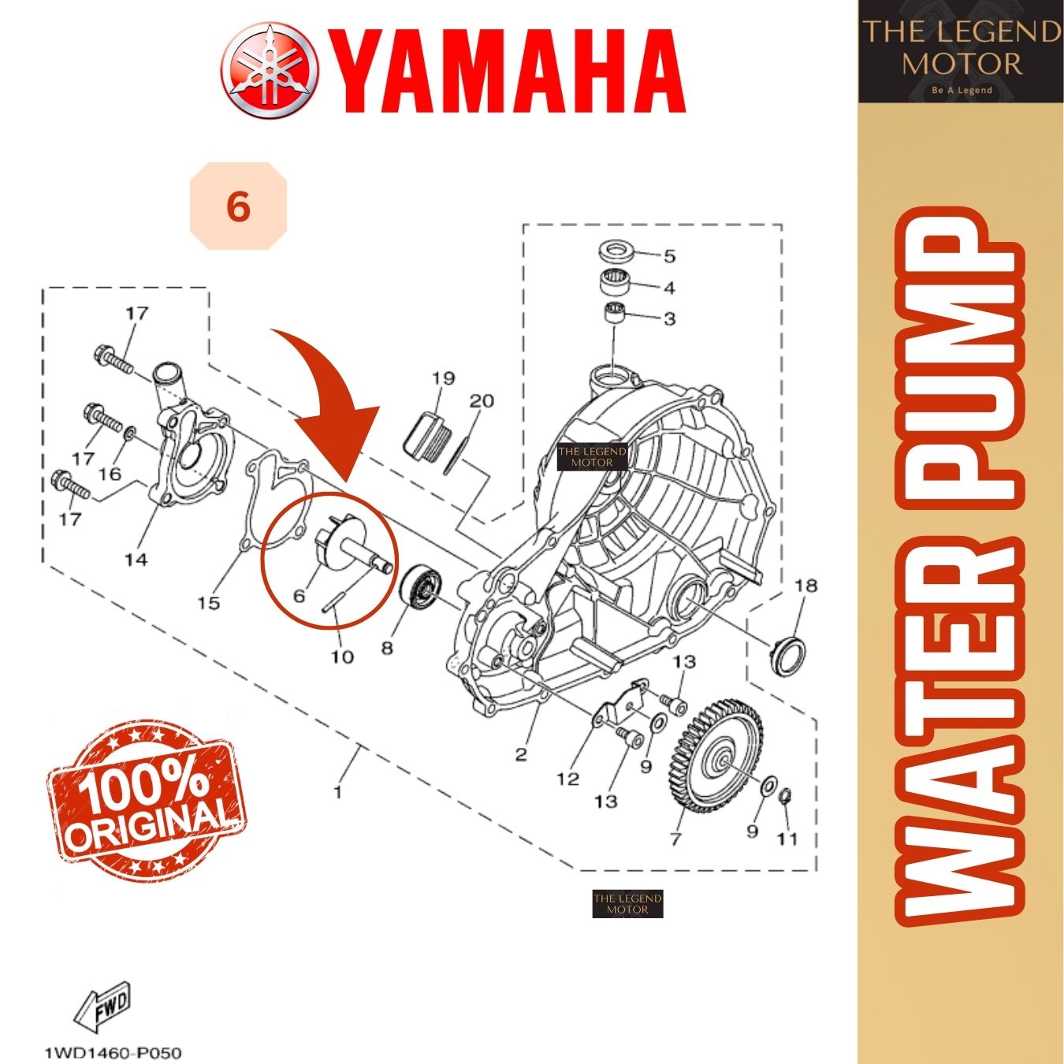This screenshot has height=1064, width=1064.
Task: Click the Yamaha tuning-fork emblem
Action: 270,68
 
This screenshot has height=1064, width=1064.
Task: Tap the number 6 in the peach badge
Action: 238,206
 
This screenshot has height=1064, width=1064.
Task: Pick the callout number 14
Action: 136,560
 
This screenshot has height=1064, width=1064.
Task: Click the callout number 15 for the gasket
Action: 208,603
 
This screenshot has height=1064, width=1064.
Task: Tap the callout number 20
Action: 482,401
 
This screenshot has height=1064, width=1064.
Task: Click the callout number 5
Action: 669,256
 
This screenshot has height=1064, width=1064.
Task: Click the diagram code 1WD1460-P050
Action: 113,1052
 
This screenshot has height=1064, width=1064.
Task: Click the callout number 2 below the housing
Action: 520,754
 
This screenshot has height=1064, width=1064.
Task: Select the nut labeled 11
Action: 785,799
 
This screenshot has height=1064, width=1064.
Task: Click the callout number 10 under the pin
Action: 342,656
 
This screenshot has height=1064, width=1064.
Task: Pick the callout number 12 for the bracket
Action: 567,779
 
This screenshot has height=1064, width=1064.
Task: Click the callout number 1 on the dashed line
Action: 338,791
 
